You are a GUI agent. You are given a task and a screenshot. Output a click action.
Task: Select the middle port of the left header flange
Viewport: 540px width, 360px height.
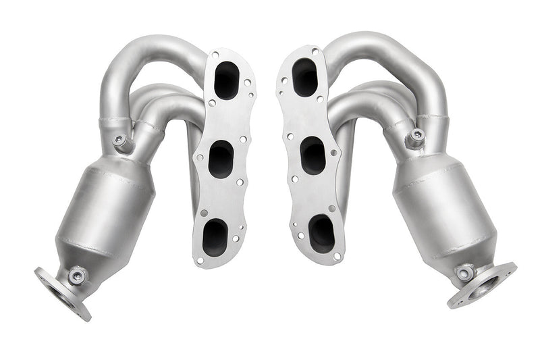[x=220, y=161]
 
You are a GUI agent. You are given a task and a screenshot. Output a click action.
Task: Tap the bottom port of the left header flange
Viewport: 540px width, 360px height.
[x=215, y=236]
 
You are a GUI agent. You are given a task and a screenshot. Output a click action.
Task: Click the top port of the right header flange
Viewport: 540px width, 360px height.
[x=305, y=76]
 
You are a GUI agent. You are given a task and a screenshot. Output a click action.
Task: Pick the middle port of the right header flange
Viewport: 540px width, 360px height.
[x=313, y=156]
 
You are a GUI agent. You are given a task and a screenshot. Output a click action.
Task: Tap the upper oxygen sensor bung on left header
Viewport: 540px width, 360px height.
[x=122, y=142]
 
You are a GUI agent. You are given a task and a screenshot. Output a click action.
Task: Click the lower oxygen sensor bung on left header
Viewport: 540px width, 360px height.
[x=76, y=276]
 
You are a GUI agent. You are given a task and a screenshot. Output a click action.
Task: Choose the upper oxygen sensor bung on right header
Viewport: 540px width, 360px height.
[x=414, y=139]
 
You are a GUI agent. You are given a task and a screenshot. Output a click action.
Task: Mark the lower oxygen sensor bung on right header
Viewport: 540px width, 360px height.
[x=464, y=272]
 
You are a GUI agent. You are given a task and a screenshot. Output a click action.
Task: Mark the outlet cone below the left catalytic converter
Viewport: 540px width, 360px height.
[x=88, y=260]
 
